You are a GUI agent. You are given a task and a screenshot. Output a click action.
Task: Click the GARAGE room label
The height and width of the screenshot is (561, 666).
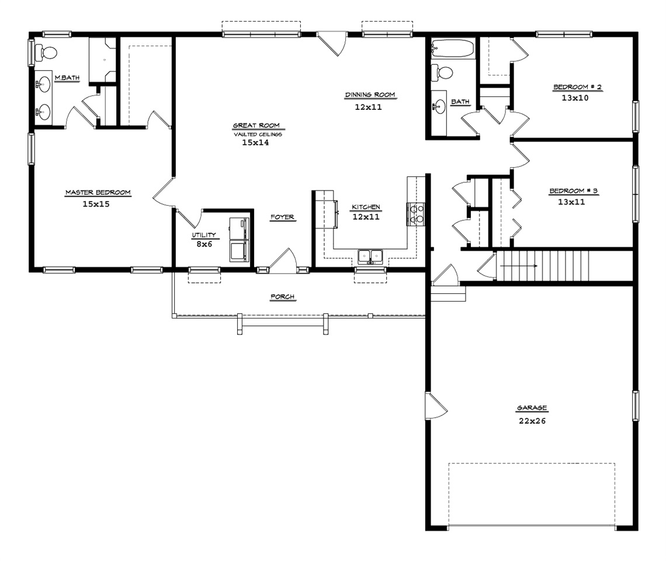tap(532, 407)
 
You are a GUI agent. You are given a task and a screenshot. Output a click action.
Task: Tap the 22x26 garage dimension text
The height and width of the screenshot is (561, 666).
tap(532, 421)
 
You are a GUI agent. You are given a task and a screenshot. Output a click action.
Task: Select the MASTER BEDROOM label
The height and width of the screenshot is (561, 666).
tap(98, 192)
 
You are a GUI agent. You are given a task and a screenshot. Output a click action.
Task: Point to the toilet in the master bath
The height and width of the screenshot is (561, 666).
tap(47, 53)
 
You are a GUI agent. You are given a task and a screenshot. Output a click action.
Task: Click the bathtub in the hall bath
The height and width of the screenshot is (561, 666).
tap(452, 48)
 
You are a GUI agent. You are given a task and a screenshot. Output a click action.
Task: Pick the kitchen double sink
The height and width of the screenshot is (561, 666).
tap(370, 257)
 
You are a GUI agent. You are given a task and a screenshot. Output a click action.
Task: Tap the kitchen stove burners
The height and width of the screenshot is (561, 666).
tap(415, 214)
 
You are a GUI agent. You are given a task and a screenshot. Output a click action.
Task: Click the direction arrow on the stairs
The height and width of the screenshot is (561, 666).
tap(519, 266)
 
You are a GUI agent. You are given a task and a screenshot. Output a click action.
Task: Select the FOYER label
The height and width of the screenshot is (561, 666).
tap(282, 217)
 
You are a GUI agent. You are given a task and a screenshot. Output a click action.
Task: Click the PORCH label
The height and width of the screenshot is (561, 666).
tap(282, 297)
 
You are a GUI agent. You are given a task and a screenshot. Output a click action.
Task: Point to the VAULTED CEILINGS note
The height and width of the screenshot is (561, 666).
tap(258, 134)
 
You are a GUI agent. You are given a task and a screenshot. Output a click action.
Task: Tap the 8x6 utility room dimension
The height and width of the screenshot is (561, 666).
tap(204, 244)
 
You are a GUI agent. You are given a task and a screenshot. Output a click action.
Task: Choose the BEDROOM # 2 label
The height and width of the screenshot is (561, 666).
tap(577, 87)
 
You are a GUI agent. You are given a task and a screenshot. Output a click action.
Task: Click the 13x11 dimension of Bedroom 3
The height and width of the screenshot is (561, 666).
tap(571, 202)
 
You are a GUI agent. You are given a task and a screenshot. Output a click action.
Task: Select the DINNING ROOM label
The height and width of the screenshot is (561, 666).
tap(370, 95)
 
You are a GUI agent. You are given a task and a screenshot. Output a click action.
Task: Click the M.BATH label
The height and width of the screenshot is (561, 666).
tap(67, 78)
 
